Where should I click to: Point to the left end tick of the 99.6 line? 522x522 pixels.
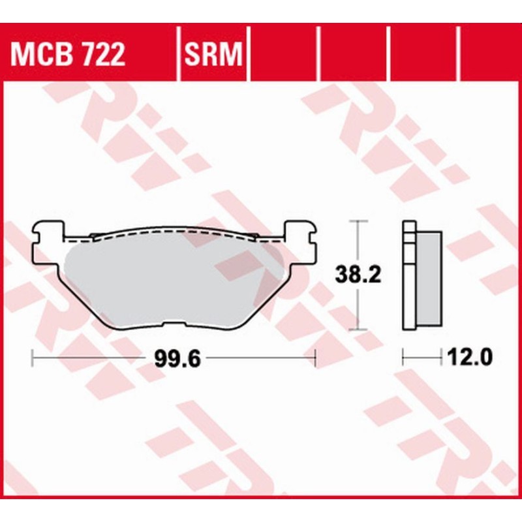pos(33,358)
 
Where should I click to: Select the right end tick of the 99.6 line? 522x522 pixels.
pos(315,358)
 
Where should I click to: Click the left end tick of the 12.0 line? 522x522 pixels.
pos(403,358)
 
